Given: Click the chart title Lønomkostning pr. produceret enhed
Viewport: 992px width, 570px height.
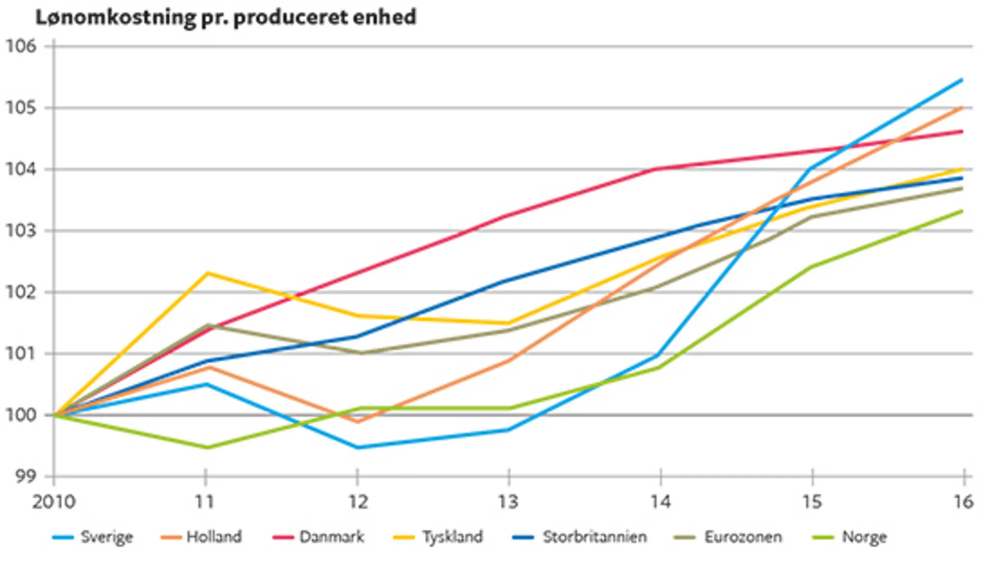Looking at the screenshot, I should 226,17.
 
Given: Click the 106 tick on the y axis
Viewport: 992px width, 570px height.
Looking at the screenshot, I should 21,46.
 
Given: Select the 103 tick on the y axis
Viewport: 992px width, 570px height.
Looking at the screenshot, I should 21,231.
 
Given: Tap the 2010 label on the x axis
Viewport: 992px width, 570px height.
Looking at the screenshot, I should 54,502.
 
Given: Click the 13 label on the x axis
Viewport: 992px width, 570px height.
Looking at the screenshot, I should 508,502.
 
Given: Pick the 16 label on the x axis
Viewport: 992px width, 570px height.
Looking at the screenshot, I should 963,502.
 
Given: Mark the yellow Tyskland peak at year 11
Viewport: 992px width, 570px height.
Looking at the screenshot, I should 206,273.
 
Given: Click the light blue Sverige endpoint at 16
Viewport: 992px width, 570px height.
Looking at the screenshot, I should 962,79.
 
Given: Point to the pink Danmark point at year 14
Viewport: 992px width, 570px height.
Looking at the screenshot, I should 657,169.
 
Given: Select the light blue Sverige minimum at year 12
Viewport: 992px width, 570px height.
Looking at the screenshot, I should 357,447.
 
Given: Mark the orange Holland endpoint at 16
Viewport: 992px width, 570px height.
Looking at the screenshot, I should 962,107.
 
